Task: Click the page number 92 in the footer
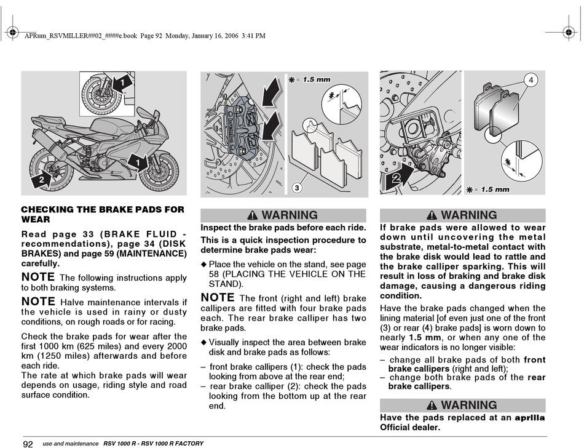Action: pos(28,444)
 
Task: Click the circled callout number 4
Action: pos(531,80)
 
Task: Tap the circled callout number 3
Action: pos(297,188)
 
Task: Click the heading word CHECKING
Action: pos(47,209)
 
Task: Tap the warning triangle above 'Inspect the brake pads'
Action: pos(252,215)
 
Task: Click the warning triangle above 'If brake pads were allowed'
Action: pos(432,215)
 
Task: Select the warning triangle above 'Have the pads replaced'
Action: pos(432,405)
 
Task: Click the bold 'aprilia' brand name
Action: pos(530,418)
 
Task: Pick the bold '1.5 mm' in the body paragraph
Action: pos(425,338)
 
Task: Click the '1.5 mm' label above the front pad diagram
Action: pos(316,79)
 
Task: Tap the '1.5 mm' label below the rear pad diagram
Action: pos(495,190)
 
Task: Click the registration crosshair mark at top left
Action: pos(12,33)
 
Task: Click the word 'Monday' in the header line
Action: pos(177,36)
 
